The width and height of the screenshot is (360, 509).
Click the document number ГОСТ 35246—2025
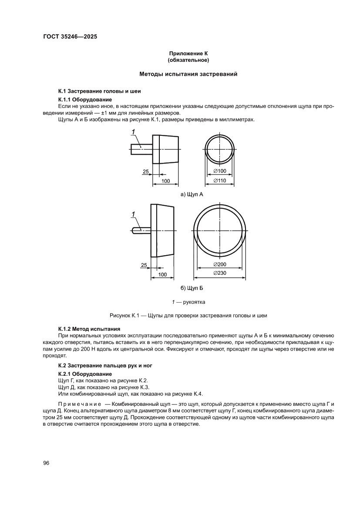click(70, 37)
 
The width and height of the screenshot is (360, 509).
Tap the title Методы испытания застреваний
click(188, 74)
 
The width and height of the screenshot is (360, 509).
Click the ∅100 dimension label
click(220, 171)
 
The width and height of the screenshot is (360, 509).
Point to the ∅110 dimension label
click(220, 180)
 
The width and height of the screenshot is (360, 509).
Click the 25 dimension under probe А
click(145, 172)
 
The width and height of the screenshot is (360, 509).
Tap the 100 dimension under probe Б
click(162, 274)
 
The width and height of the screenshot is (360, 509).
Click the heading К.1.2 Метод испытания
click(89, 328)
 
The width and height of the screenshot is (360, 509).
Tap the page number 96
click(46, 463)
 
